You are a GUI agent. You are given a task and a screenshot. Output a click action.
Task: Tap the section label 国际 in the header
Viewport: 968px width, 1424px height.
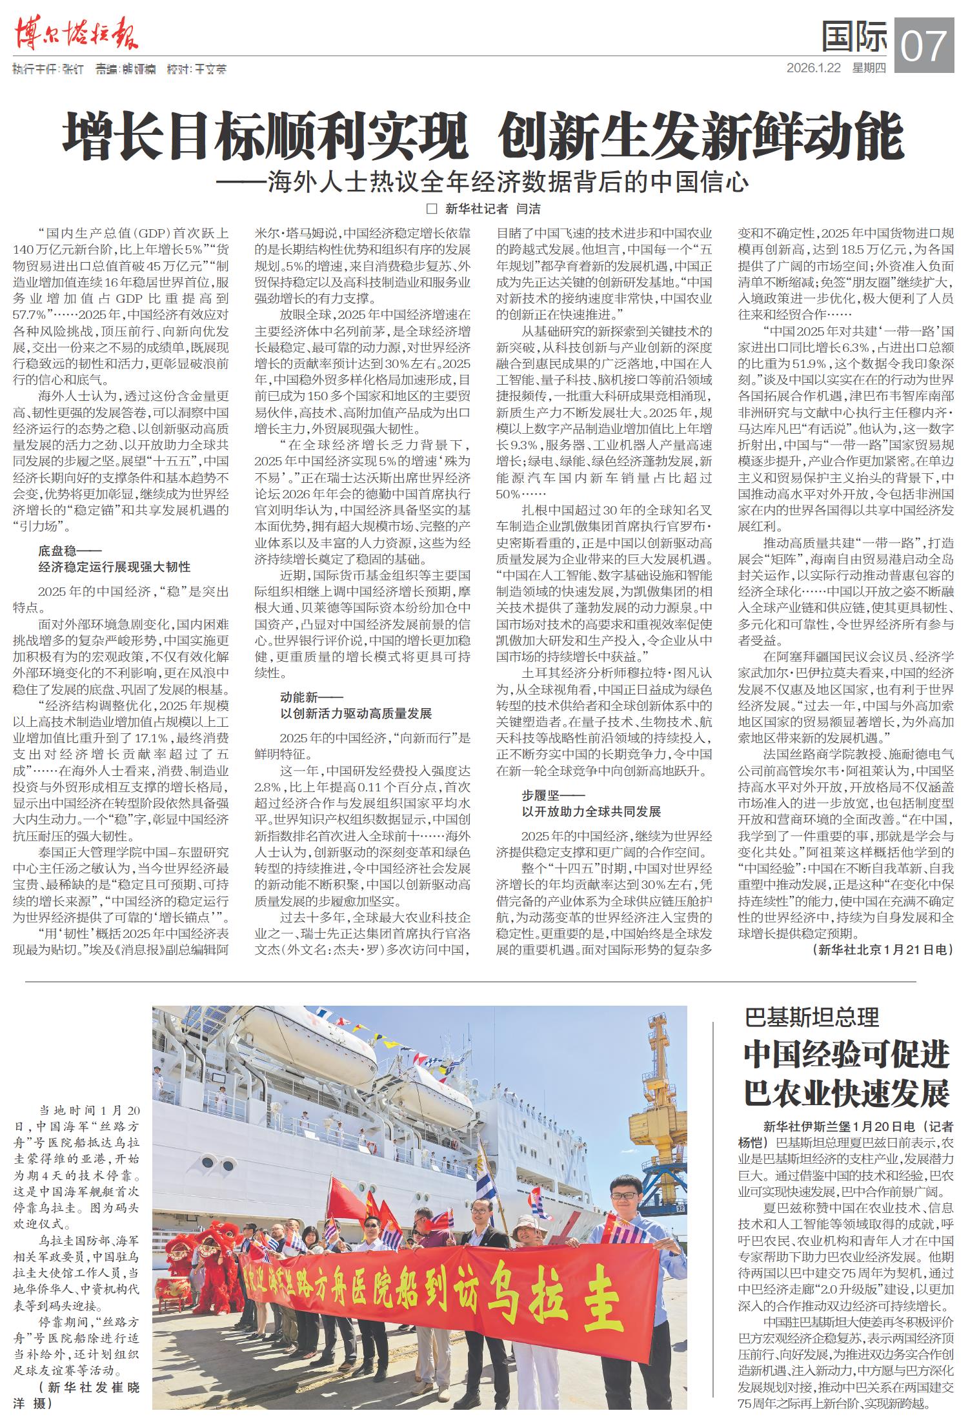[854, 37]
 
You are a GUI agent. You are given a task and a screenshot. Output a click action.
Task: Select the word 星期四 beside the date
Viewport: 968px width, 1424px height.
[869, 68]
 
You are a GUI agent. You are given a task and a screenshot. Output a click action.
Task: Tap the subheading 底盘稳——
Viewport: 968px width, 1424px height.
[66, 551]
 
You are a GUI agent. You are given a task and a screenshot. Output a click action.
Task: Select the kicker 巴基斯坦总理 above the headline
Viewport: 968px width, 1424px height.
[812, 1017]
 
